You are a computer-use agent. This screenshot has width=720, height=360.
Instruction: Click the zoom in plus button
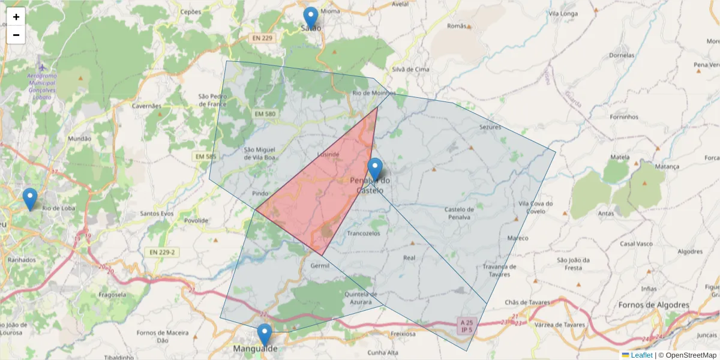16,17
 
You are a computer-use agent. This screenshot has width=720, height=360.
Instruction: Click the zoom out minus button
16,35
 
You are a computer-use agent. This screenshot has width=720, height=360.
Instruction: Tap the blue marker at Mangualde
264,335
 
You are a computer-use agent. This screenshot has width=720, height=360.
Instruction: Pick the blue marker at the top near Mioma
310,18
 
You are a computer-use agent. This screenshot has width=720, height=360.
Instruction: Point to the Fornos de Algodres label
654,305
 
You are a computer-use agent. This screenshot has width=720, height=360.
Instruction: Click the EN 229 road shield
262,38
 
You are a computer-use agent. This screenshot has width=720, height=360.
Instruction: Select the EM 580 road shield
265,114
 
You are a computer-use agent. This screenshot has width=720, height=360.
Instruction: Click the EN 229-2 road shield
160,252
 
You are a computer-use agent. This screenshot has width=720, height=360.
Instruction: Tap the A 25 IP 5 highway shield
467,326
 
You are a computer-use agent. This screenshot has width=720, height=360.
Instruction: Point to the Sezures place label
490,127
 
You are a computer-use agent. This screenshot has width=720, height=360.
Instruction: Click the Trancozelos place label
364,233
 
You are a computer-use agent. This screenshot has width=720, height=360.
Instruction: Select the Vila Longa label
563,13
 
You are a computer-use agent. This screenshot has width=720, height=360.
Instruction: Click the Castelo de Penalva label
460,212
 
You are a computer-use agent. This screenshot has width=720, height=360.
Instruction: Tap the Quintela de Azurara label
361,298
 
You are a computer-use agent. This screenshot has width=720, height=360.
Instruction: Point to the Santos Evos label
157,214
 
